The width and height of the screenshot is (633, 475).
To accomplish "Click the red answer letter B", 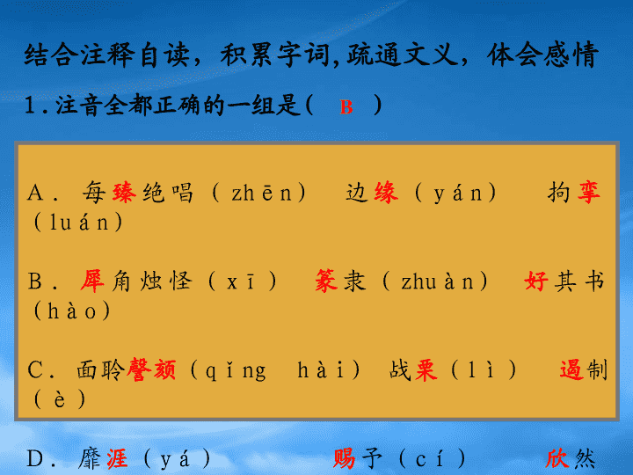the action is tap(346, 107).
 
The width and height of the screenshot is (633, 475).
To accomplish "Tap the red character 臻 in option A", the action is tap(124, 193).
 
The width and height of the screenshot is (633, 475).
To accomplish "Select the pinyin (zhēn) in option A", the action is tap(258, 193).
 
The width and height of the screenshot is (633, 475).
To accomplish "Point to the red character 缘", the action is tap(386, 193).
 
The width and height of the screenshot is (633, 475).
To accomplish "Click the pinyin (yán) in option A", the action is tap(455, 193).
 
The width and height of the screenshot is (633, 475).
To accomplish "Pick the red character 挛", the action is tap(588, 193).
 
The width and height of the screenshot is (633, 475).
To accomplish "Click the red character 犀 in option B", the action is tap(92, 281).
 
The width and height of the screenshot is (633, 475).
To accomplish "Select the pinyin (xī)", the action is tap(243, 281).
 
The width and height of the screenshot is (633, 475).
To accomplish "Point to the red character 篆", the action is tap(326, 281).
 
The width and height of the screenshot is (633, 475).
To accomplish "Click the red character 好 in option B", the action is tap(536, 281).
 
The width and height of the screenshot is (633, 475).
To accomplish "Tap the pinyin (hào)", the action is tap(71, 311).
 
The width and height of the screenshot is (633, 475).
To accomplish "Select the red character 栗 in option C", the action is tap(426, 370).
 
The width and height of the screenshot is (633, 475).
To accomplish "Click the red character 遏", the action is tap(571, 370).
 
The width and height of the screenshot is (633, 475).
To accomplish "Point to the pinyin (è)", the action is tap(60, 399).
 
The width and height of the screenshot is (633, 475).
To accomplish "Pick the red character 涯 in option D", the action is tap(117, 459).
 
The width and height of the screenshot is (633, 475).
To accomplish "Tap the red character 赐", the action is tap(345, 459).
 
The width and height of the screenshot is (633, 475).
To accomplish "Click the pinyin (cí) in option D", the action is tap(432, 459).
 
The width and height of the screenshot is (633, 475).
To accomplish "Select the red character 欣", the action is tap(557, 459).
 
